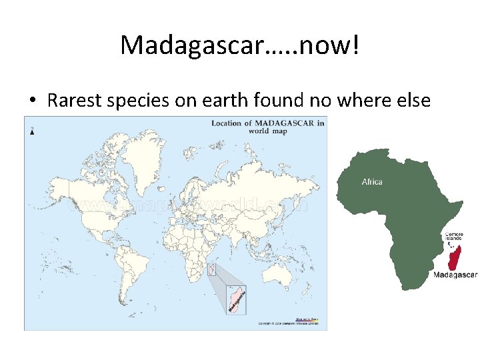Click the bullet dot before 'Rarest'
(x=31, y=101)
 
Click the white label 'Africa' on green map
(x=371, y=181)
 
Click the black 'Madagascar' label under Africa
(x=455, y=274)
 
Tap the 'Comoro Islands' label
(x=454, y=237)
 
